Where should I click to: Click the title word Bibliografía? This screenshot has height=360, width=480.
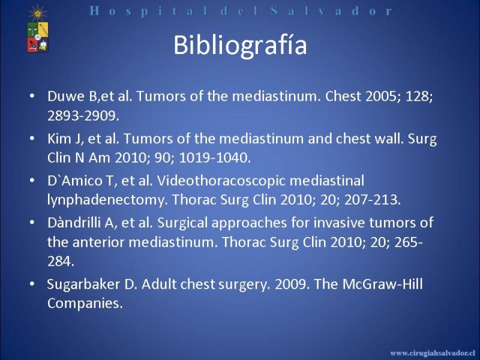point(240,46)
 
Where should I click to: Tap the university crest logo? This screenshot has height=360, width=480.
point(38,30)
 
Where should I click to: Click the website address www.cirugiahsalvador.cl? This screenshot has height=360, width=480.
point(432,353)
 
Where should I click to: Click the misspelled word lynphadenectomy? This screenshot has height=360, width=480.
point(106,200)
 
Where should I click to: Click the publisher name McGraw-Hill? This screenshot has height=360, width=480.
point(382,284)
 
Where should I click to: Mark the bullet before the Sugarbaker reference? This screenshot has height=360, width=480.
point(32,284)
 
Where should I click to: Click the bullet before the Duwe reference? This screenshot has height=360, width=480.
point(32,96)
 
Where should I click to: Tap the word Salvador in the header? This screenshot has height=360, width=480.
point(331,11)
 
